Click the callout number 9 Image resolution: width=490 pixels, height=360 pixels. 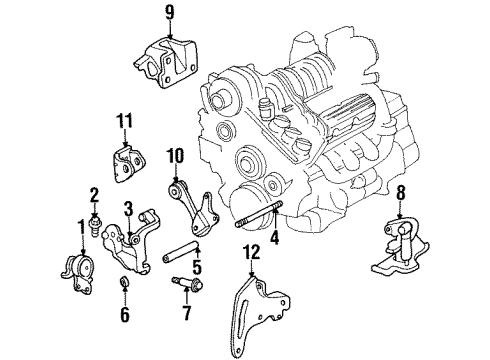169,14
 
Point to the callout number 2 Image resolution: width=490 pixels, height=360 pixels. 95,193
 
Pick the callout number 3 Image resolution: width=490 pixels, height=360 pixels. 129,207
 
